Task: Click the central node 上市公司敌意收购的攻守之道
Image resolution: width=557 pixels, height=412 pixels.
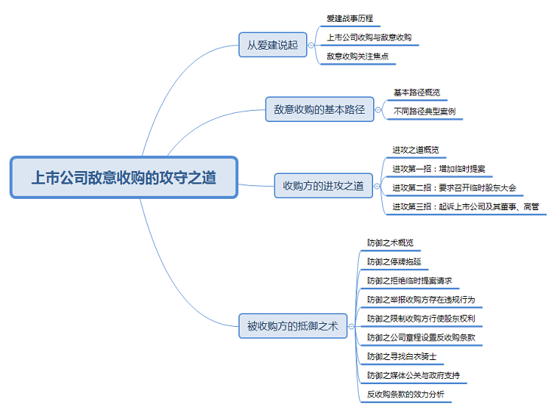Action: pyautogui.click(x=124, y=178)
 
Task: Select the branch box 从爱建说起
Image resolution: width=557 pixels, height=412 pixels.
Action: pyautogui.click(x=272, y=44)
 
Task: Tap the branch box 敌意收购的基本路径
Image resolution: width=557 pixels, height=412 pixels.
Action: pyautogui.click(x=319, y=109)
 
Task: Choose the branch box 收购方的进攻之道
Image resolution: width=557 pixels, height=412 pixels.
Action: pyautogui.click(x=323, y=185)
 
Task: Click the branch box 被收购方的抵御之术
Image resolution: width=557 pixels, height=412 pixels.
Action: pyautogui.click(x=292, y=326)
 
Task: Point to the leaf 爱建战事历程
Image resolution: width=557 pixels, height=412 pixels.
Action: pyautogui.click(x=350, y=18)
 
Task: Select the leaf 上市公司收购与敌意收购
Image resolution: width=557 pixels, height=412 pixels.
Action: pyautogui.click(x=369, y=37)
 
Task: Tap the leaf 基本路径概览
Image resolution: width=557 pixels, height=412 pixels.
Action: pyautogui.click(x=417, y=93)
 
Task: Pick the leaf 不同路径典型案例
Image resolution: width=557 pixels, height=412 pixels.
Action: pyautogui.click(x=424, y=111)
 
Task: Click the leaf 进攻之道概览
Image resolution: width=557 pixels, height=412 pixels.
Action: pyautogui.click(x=415, y=149)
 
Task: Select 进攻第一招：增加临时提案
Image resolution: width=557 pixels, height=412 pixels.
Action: pyautogui.click(x=439, y=168)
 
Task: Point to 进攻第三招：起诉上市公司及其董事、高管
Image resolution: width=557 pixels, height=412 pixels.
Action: pyautogui.click(x=466, y=206)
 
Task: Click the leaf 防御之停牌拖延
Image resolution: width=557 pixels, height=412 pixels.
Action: pyautogui.click(x=394, y=261)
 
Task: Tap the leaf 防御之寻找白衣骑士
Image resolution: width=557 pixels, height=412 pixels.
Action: pyautogui.click(x=402, y=356)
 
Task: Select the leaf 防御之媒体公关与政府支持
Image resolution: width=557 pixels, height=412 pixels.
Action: pyautogui.click(x=413, y=374)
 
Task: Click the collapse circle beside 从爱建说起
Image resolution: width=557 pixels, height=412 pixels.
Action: pyautogui.click(x=311, y=45)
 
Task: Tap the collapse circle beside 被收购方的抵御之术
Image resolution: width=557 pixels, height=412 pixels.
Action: pyautogui.click(x=353, y=326)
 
